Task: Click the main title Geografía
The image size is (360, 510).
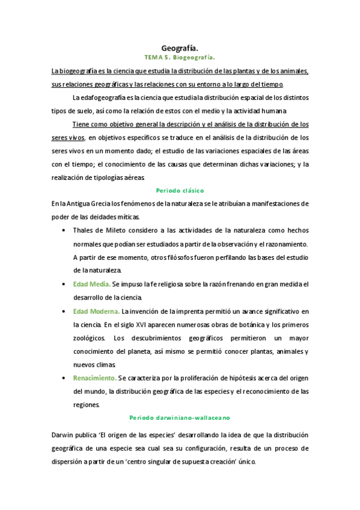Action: tap(180, 48)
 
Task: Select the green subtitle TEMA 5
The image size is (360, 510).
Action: tap(157, 58)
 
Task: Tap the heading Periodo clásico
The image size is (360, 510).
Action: tap(180, 190)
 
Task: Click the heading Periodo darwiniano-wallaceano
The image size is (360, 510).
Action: tap(180, 417)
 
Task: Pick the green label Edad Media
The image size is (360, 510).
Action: tap(91, 284)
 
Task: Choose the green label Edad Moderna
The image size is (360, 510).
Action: tap(96, 312)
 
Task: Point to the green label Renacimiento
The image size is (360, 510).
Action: tap(95, 378)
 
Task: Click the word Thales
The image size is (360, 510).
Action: tap(83, 230)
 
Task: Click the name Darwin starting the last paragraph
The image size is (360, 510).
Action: tap(63, 434)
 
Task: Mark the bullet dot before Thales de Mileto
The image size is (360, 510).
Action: tap(64, 230)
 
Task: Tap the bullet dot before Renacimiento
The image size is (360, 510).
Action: tap(64, 378)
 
